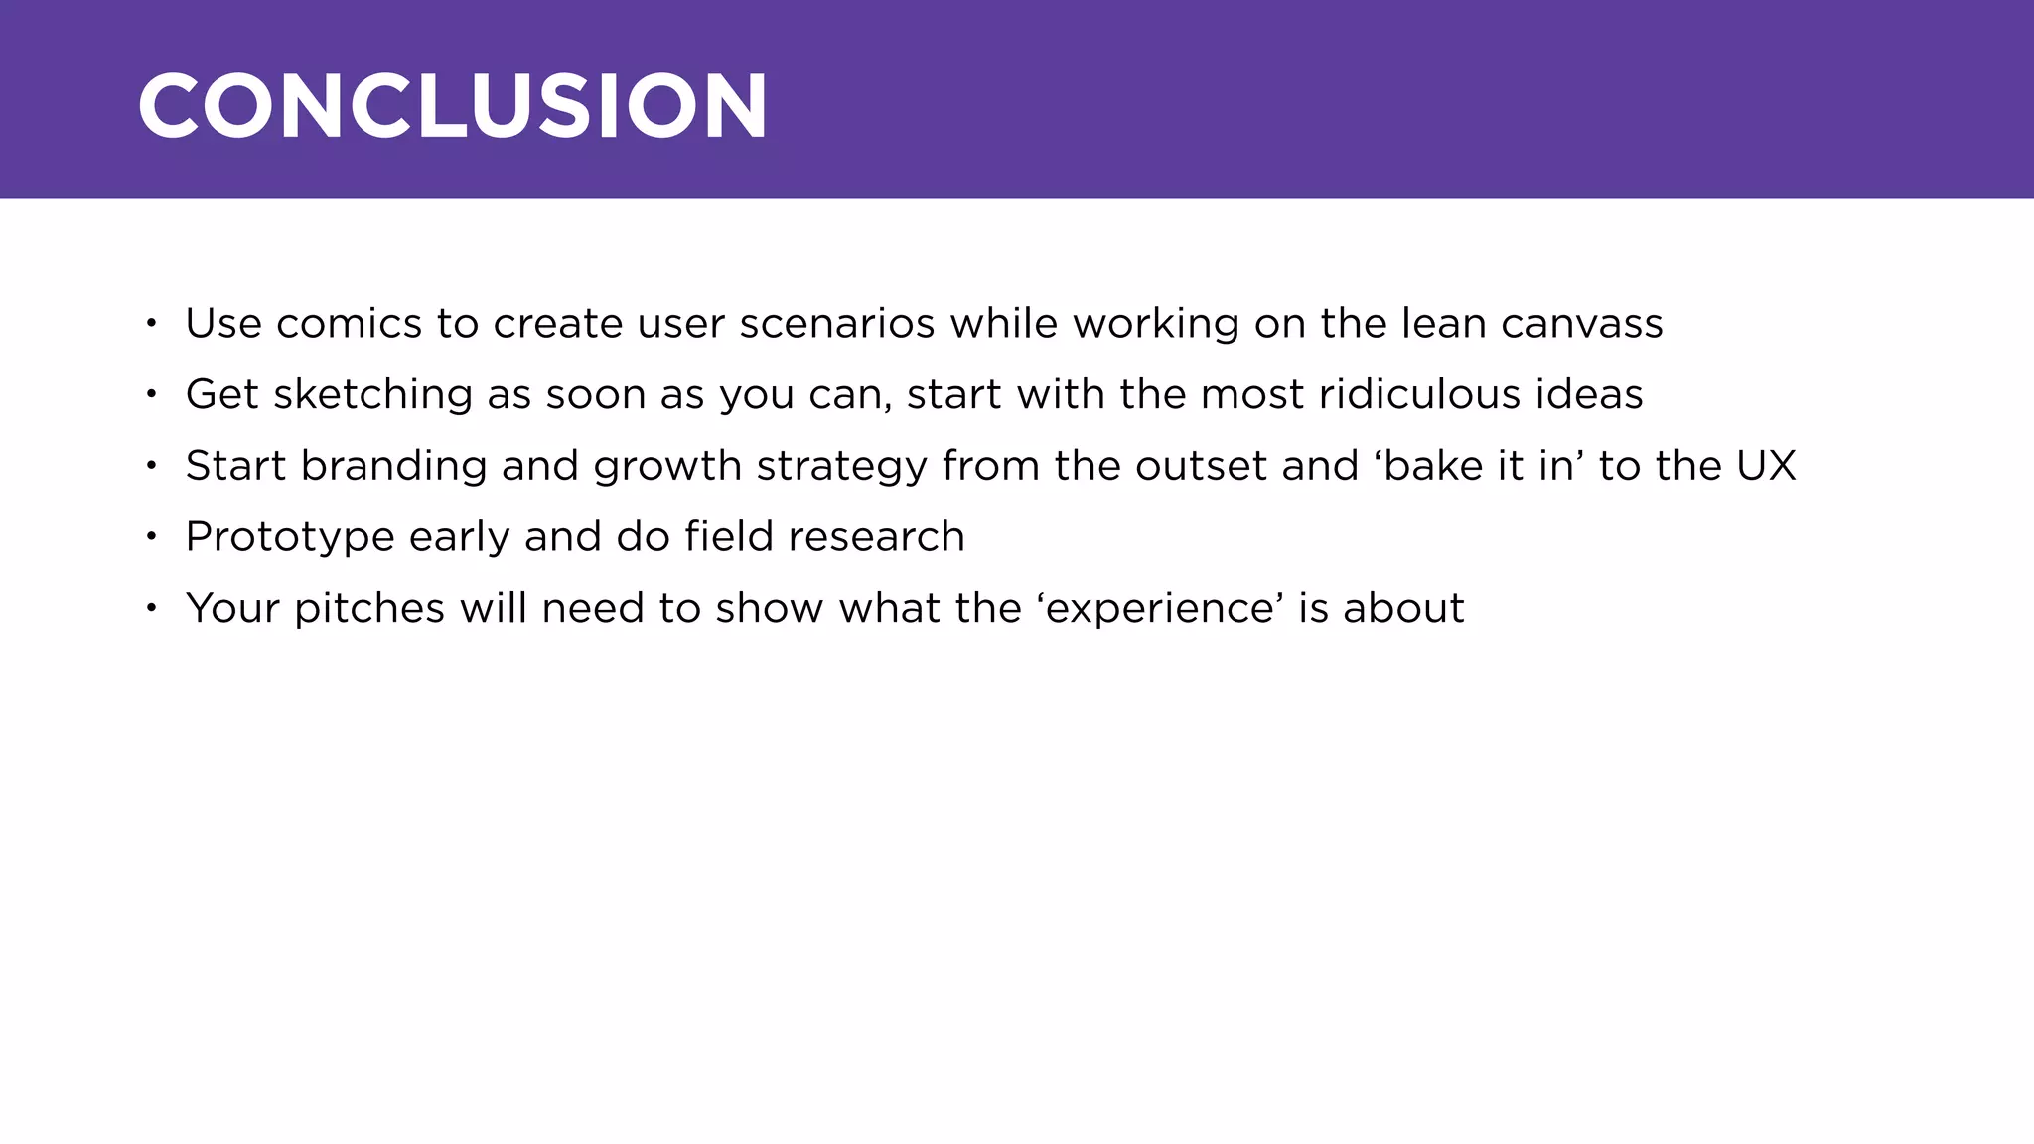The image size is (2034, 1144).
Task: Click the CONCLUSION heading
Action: [452, 105]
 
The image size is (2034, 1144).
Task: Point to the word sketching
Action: [372, 395]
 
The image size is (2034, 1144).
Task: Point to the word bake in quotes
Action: [1427, 466]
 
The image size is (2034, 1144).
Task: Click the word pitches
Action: [369, 609]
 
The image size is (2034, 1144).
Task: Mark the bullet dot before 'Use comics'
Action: [151, 324]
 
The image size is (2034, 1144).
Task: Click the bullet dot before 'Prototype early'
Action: [151, 537]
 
